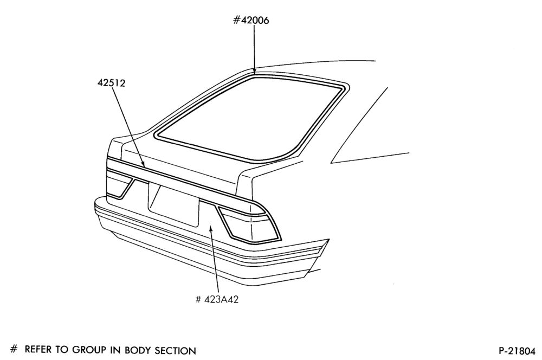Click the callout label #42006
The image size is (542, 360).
pyautogui.click(x=251, y=21)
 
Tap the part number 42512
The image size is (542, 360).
pyautogui.click(x=111, y=83)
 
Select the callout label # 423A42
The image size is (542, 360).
pyautogui.click(x=217, y=299)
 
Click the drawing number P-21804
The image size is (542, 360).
pyautogui.click(x=517, y=351)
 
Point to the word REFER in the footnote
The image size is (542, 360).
pyautogui.click(x=38, y=350)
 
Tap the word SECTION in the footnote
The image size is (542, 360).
pyautogui.click(x=175, y=351)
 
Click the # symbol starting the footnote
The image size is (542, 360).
pyautogui.click(x=14, y=349)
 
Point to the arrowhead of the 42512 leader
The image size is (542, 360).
pyautogui.click(x=143, y=164)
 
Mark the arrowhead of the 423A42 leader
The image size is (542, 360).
pyautogui.click(x=210, y=228)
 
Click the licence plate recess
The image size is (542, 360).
pyautogui.click(x=173, y=206)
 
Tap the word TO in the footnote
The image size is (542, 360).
pyautogui.click(x=62, y=350)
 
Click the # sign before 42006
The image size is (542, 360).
pyautogui.click(x=236, y=21)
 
